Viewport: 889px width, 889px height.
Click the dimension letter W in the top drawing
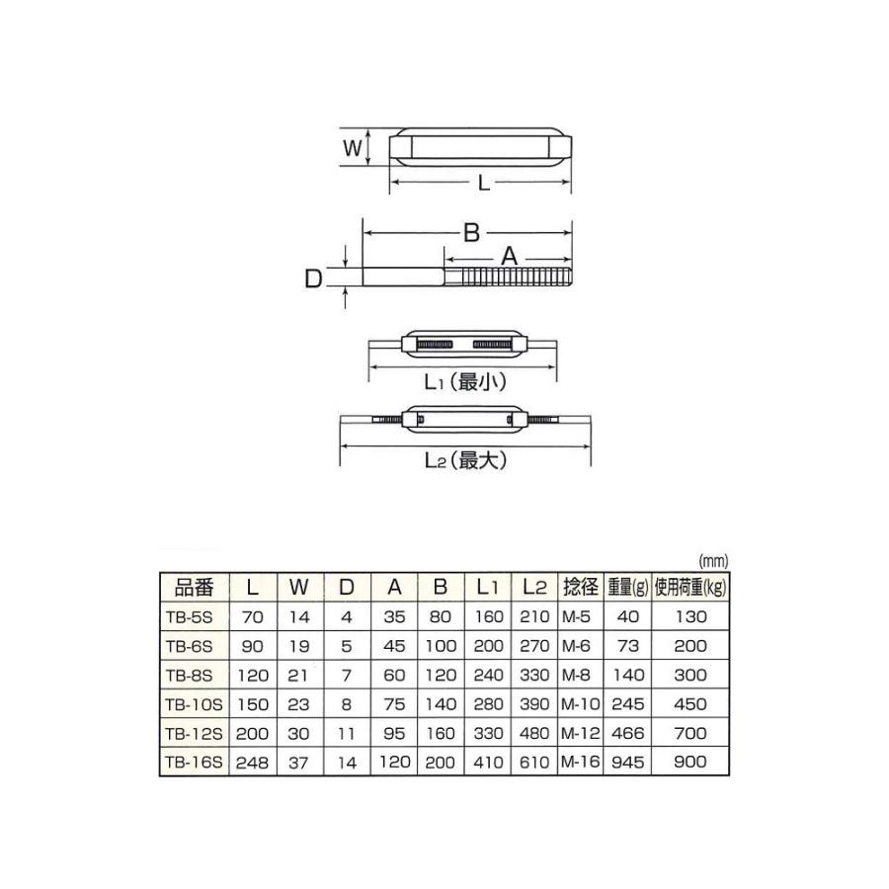coord(350,149)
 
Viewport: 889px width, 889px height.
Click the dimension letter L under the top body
coord(481,183)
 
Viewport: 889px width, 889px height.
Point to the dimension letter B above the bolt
coord(471,232)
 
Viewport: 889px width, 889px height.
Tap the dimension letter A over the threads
coord(510,255)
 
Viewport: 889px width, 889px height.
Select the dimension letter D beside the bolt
coord(313,280)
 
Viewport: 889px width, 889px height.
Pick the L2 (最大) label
coord(463,459)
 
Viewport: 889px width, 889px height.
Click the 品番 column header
coord(194,587)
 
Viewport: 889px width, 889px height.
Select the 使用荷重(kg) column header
coord(690,587)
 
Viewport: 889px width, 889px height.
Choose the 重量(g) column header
coord(627,587)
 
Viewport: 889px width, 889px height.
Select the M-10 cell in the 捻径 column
coord(581,703)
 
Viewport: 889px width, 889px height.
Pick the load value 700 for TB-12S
coord(690,733)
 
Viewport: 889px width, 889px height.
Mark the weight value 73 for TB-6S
coord(627,646)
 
